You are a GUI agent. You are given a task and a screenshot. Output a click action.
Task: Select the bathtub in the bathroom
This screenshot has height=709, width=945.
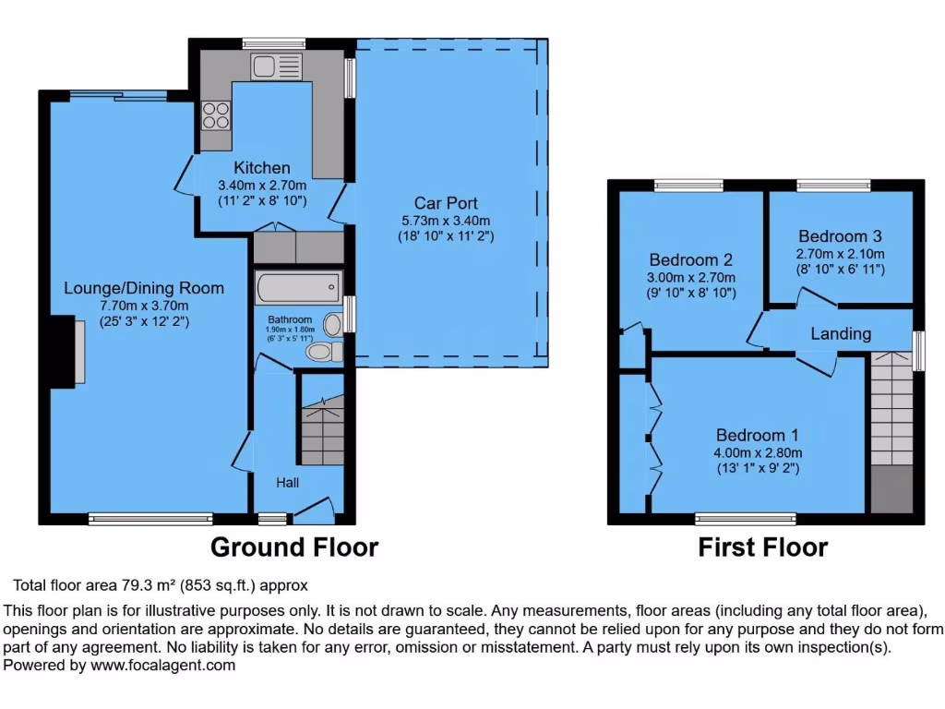click(x=297, y=287)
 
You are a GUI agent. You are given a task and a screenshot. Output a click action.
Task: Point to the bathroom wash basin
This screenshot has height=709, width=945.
click(x=333, y=319)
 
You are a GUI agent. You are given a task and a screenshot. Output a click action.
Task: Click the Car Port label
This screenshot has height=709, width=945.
click(x=446, y=203)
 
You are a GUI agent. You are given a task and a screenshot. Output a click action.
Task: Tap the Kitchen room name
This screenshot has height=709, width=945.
click(x=261, y=168)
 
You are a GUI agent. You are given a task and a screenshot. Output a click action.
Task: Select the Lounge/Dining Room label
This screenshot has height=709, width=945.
click(x=143, y=288)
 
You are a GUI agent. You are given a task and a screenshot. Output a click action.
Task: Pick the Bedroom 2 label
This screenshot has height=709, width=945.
click(x=691, y=259)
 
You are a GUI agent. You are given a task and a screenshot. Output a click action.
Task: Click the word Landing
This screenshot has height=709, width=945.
click(x=841, y=333)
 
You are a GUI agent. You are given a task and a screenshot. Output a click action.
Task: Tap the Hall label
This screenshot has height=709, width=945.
click(x=287, y=482)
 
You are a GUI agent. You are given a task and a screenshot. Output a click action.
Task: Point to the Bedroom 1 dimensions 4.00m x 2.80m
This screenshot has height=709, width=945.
click(x=759, y=452)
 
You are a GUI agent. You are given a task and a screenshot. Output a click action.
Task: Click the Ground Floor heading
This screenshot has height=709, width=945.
click(x=294, y=547)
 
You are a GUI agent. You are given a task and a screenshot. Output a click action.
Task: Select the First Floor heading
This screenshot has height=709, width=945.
click(x=762, y=547)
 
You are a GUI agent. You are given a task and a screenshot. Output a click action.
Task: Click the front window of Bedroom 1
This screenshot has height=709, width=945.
click(x=746, y=518)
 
